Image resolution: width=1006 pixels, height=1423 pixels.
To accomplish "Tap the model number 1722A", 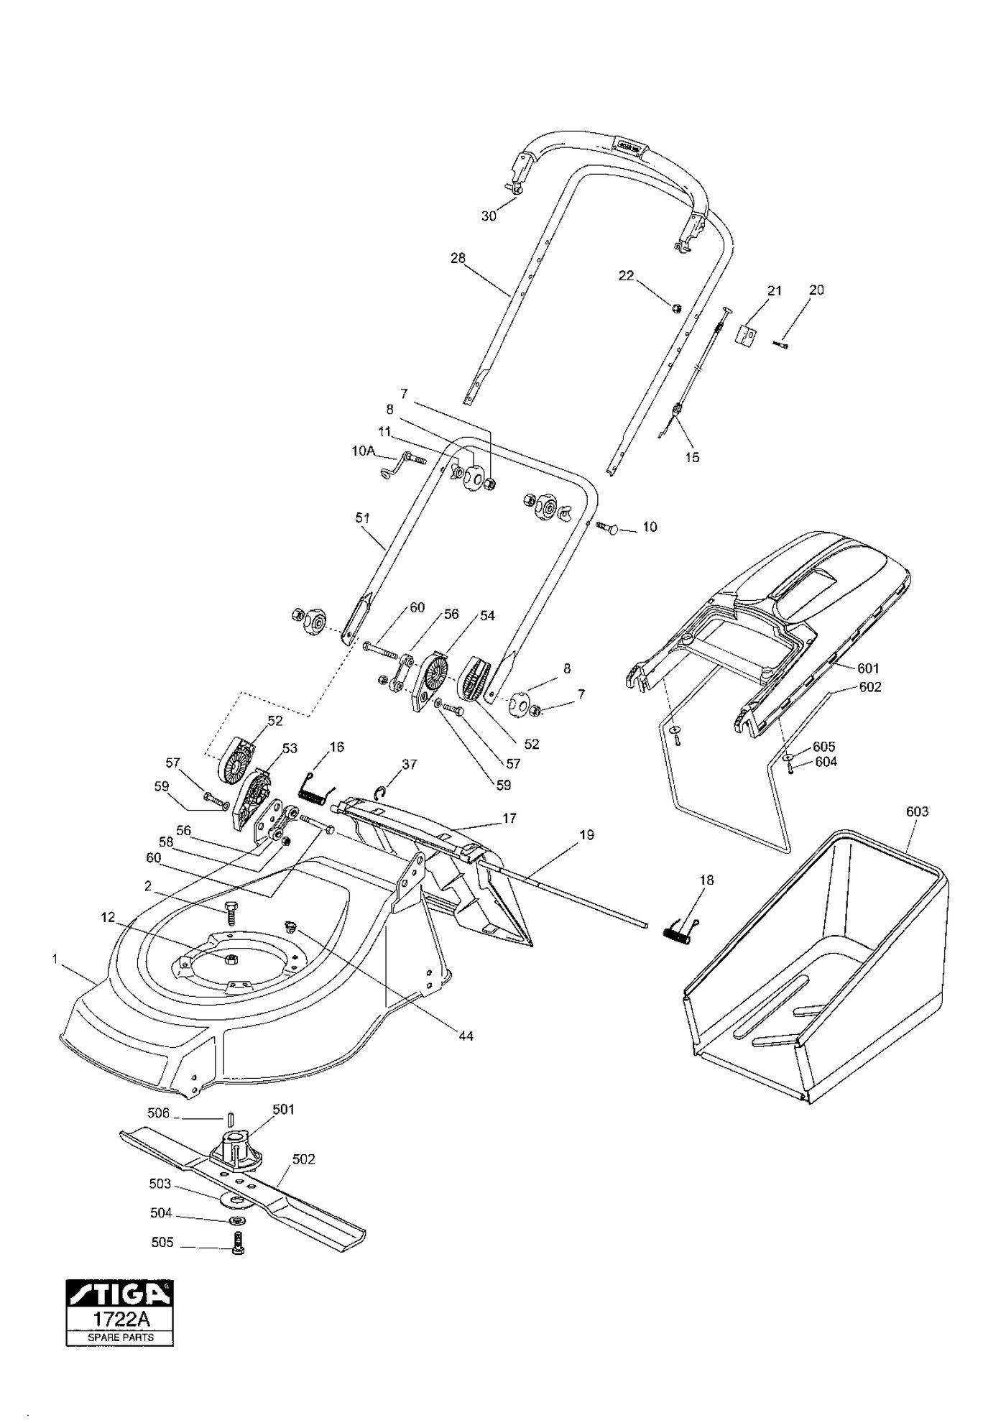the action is pos(120,1320).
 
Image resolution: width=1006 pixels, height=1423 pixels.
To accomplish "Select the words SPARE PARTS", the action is pos(120,1337).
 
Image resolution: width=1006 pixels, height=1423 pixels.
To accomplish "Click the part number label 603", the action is pos(917,811).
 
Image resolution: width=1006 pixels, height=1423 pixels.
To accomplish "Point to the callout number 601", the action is pos(868,668).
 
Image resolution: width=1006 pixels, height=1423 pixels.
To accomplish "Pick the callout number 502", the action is pos(304,1159).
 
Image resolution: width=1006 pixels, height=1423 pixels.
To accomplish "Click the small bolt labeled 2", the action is pos(231,913).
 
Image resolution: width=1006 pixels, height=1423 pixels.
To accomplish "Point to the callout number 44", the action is pos(466,1036).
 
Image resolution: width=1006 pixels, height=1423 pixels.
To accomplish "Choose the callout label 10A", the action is pos(364,451).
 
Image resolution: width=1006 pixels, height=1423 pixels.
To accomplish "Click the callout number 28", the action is pos(458,258).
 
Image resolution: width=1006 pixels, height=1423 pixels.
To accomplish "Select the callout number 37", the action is pos(410,764).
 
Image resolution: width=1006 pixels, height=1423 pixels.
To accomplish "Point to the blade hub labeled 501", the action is pos(236,1147).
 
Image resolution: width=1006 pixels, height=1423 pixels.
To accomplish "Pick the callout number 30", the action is pos(489,216).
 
